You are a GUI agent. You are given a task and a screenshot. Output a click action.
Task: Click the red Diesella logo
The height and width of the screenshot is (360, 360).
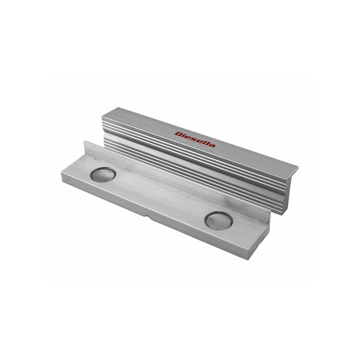coord(195,140)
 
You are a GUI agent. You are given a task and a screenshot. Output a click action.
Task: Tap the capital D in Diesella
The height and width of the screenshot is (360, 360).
coord(178,134)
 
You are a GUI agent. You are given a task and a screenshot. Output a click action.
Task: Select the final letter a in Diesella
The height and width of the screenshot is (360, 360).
coord(213,145)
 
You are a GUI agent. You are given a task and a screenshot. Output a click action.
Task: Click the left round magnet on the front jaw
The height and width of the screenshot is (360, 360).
coord(103,174)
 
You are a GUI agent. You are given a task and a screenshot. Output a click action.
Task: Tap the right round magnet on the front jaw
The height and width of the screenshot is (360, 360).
coord(218,220)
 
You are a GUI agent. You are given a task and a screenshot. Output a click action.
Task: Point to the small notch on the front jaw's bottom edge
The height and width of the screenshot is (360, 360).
coord(147,216)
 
